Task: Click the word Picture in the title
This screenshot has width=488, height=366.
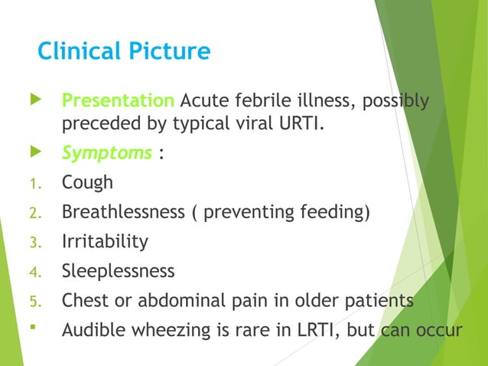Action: pos(170,51)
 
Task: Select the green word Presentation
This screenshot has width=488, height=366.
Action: pos(118,101)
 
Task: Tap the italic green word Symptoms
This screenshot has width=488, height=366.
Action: pos(106,152)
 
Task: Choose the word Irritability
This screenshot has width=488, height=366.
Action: pos(105,241)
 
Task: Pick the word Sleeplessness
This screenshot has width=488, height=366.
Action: pos(118,271)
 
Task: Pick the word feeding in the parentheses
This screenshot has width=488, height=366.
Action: pos(333,211)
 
